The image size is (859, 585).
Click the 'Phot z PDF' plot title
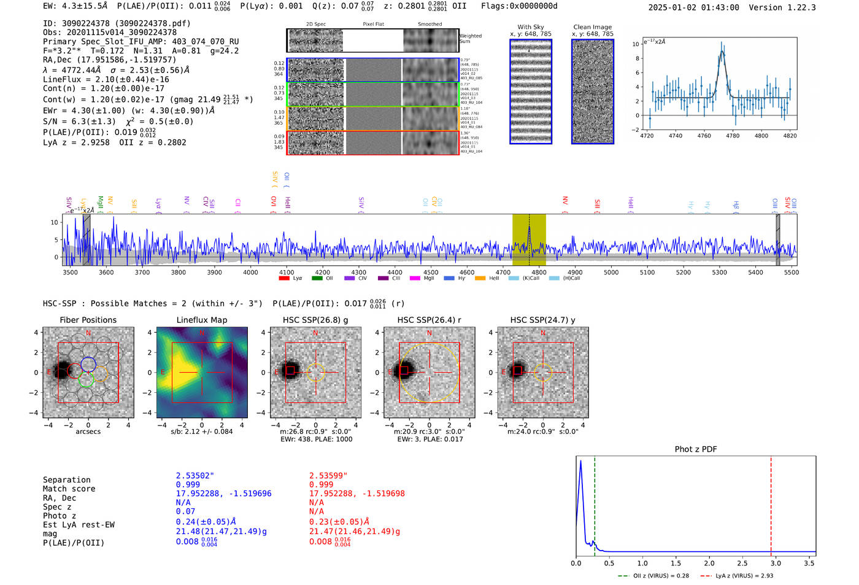click(696, 449)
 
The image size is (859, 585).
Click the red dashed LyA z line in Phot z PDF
click(771, 503)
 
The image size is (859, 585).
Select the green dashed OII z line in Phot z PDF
click(595, 503)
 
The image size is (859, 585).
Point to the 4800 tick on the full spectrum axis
click(539, 272)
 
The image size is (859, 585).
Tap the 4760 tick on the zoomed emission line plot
click(704, 136)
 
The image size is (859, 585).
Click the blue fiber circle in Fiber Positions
click(88, 364)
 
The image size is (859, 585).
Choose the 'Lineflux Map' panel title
click(202, 320)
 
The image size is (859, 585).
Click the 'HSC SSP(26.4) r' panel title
click(429, 320)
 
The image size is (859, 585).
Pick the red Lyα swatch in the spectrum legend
click(284, 278)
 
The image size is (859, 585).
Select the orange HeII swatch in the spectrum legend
click(480, 278)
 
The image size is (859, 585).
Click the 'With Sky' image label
click(531, 27)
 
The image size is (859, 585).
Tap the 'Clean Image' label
click(592, 27)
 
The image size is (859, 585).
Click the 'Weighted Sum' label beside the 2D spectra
click(471, 39)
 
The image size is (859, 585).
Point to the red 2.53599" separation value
click(328, 476)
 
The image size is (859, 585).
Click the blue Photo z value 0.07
click(185, 511)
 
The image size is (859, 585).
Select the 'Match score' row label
click(69, 489)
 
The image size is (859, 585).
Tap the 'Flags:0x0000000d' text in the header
click(519, 6)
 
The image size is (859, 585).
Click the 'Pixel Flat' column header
click(373, 25)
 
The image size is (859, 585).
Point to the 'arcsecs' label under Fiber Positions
click(88, 432)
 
